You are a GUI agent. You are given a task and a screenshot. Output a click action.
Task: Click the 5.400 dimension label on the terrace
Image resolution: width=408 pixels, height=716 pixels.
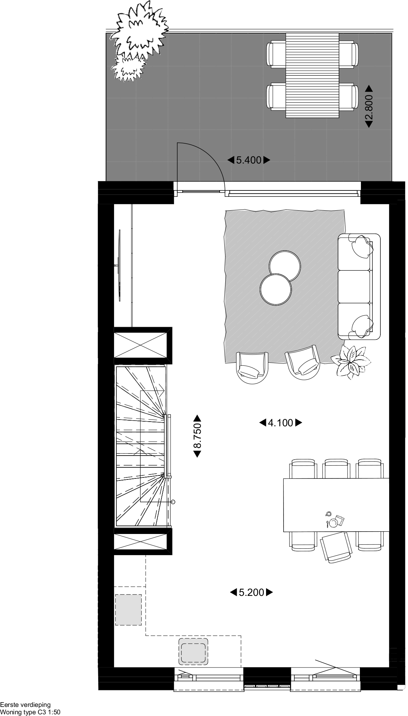pos(249,160)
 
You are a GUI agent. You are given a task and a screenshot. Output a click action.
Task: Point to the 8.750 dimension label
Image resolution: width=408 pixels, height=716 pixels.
pos(197,436)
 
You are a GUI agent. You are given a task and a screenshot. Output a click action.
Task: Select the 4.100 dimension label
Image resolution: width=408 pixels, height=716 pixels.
pos(281,423)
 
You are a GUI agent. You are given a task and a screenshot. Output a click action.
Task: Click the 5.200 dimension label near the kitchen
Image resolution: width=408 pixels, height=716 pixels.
pos(252,592)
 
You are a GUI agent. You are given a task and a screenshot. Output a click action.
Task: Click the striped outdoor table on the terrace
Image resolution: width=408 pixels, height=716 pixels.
pos(312,75)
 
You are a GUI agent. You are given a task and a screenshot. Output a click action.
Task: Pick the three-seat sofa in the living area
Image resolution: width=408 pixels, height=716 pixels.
pos(359,286)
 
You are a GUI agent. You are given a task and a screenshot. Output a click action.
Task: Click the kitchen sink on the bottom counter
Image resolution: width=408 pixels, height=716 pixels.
pos(193,651)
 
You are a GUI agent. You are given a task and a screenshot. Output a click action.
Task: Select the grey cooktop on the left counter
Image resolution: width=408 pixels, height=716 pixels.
pos(128,610)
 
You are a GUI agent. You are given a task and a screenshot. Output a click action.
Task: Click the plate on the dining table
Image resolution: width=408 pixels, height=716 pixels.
pos(333,523)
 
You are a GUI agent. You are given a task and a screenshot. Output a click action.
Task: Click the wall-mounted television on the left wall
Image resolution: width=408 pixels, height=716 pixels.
pos(119,265)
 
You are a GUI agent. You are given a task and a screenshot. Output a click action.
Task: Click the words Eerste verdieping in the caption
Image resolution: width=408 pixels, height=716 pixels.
pos(25,705)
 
